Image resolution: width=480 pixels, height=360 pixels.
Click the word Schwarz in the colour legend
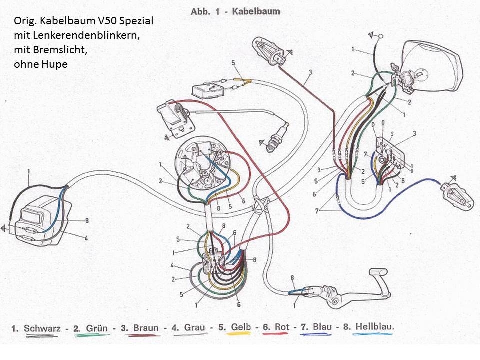tap(42, 328)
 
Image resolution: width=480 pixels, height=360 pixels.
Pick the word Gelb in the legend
tap(241, 327)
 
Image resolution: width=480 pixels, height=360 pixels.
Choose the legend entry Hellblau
tap(375, 327)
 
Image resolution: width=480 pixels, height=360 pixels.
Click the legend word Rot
tap(282, 327)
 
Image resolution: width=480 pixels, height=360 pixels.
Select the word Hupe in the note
tap(56, 64)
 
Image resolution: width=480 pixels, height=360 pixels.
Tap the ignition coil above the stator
tap(174, 117)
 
